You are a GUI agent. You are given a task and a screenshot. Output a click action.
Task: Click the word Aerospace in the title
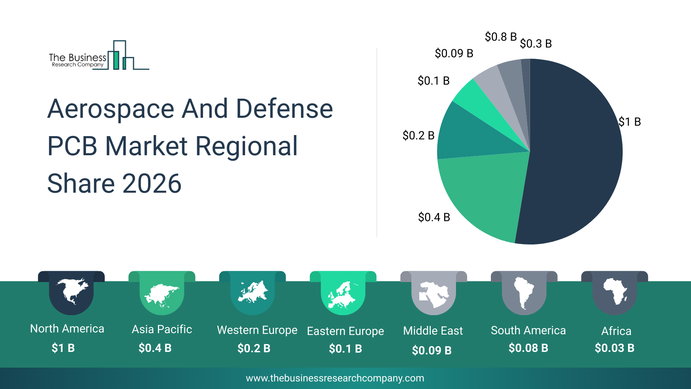point(111,109)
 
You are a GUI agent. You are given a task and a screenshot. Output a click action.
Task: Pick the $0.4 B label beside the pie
point(434,217)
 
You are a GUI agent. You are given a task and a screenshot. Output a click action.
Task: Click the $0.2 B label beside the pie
point(419,135)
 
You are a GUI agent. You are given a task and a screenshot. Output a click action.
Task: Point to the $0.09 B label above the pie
point(454,53)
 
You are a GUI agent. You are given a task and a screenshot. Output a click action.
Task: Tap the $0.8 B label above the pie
point(501,37)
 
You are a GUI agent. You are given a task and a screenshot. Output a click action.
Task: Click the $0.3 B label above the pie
point(536,44)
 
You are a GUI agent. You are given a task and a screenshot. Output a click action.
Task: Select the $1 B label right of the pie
point(630,122)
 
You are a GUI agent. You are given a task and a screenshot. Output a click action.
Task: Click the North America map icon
point(71,291)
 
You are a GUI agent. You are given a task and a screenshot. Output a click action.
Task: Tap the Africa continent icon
point(615,291)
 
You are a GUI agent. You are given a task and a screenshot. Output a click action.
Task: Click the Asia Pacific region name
point(162,329)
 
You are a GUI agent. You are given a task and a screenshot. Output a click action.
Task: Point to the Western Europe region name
point(257,330)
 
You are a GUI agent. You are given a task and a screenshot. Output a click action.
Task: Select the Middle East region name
point(433,331)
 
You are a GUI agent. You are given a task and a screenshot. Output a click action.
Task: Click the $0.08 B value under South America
point(528,348)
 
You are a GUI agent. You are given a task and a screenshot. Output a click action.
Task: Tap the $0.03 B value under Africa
point(614,348)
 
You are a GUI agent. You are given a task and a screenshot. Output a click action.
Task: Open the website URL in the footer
point(335,378)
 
